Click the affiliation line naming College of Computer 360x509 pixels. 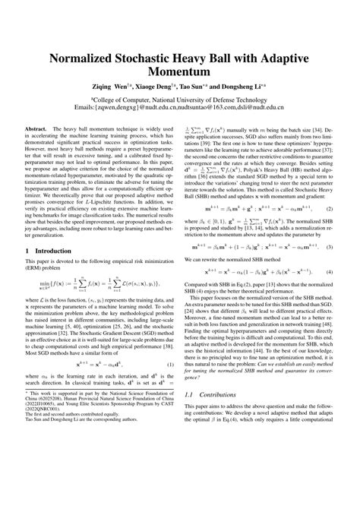179,101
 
